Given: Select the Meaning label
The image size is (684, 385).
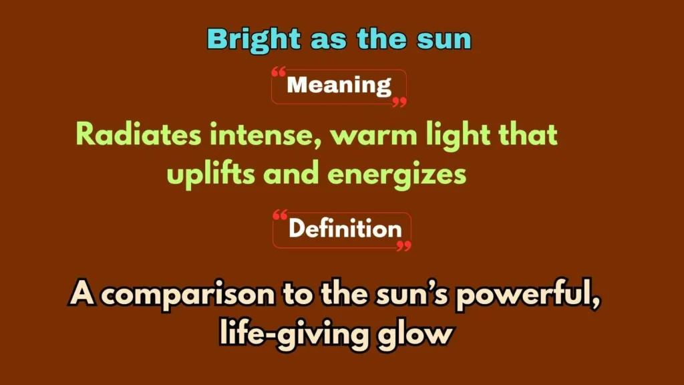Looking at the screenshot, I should [x=339, y=86].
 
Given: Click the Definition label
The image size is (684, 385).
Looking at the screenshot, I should [x=345, y=229].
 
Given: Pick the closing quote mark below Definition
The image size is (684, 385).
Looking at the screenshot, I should [x=403, y=246].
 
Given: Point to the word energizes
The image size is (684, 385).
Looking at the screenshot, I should [x=396, y=174].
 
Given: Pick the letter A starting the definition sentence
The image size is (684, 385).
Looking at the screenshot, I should [x=81, y=293].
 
